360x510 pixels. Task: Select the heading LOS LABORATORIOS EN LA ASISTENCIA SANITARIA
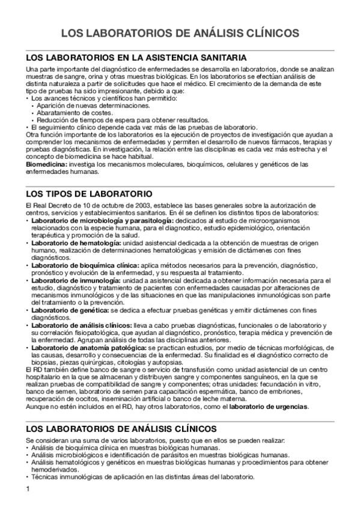pos(136,58)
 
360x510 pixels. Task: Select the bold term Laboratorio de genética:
pos(67,310)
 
